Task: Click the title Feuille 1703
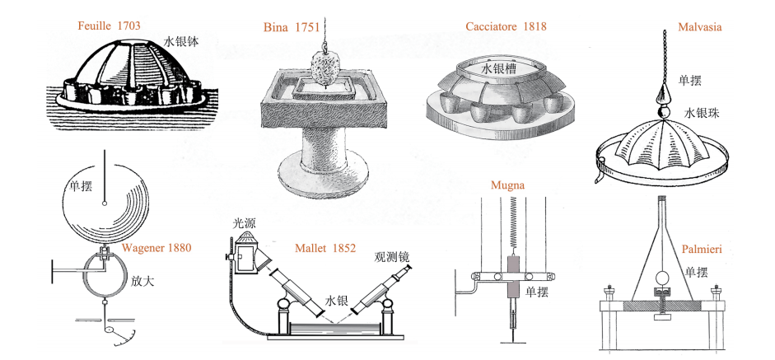click(109, 26)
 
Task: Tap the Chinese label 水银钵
click(181, 41)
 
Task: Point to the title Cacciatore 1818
click(507, 26)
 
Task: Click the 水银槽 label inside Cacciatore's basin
click(499, 69)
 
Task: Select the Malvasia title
click(700, 26)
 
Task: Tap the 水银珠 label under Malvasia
click(702, 113)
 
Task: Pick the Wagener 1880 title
click(156, 248)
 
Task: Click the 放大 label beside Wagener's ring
click(142, 282)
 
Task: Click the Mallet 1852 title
click(325, 248)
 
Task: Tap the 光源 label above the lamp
click(245, 224)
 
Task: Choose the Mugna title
click(507, 185)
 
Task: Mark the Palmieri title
click(702, 249)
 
